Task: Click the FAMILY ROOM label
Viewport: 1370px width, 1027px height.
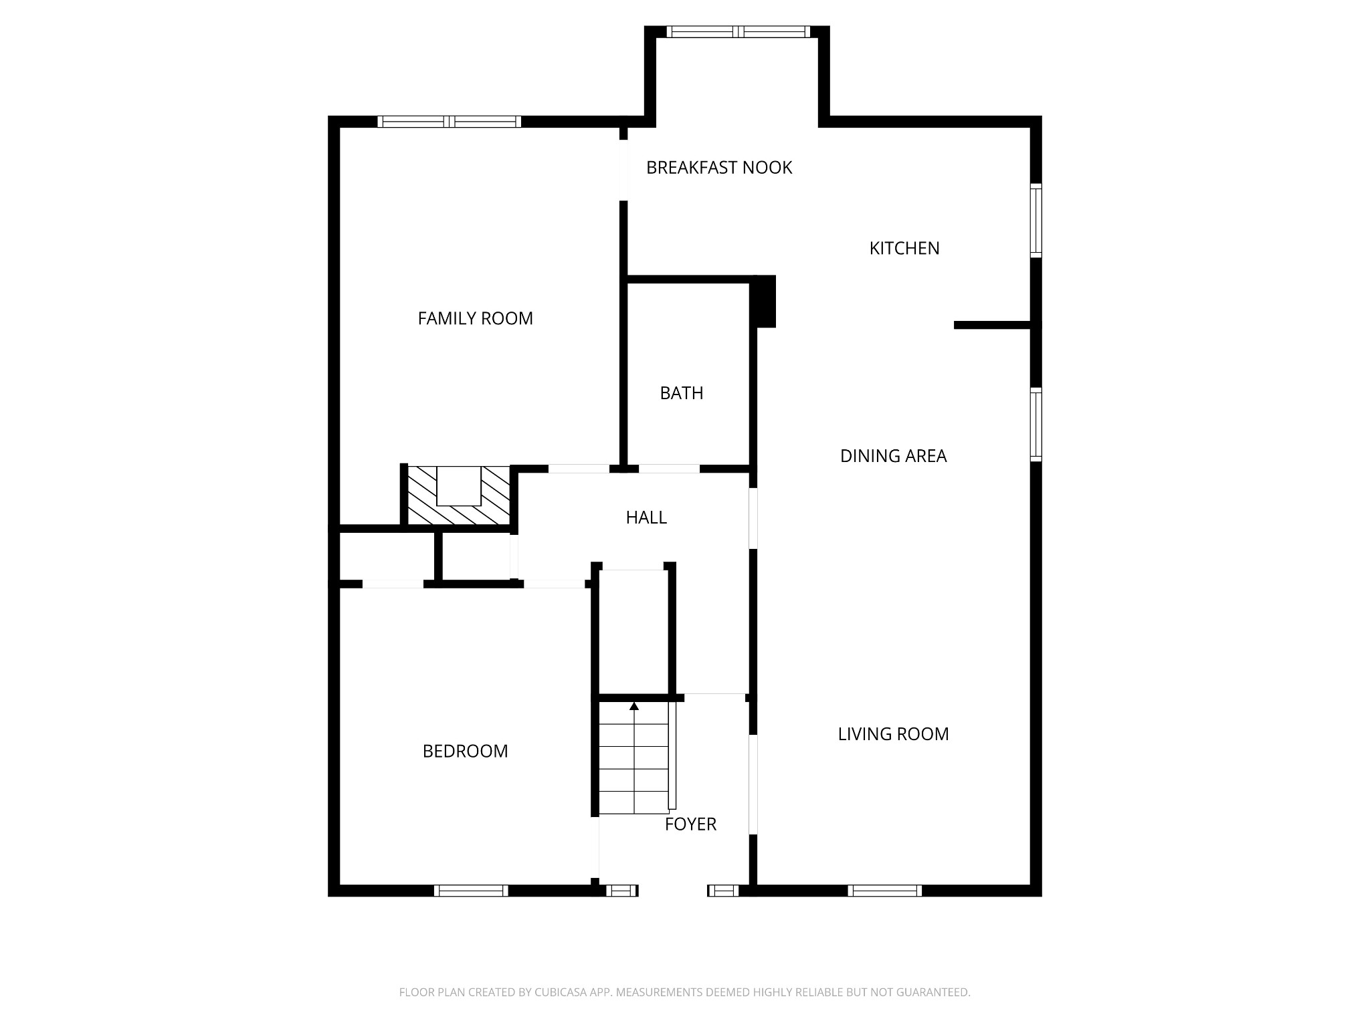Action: coord(475,318)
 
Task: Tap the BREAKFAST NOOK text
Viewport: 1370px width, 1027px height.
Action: coord(718,167)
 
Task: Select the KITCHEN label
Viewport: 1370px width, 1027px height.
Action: coord(904,248)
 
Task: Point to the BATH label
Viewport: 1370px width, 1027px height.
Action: coord(681,393)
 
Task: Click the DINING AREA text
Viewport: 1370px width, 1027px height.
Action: coord(893,456)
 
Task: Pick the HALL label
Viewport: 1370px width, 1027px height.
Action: coord(646,518)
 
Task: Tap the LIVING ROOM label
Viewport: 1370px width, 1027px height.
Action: coord(893,734)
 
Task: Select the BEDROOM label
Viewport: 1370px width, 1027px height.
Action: coord(465,752)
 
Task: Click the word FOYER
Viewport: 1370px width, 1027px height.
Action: coord(690,824)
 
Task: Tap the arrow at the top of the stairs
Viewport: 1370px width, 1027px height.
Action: coord(634,706)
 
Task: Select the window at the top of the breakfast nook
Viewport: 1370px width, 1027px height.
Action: coord(738,31)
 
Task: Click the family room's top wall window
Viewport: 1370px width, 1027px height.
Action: coord(449,122)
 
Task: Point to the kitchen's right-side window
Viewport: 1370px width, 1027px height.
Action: coord(1036,221)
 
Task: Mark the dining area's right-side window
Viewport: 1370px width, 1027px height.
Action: coord(1036,425)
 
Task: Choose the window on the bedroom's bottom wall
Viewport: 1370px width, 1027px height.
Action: coord(471,891)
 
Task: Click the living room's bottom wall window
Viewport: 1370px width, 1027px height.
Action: coord(884,891)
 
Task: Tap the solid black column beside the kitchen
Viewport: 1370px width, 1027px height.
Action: coord(765,301)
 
